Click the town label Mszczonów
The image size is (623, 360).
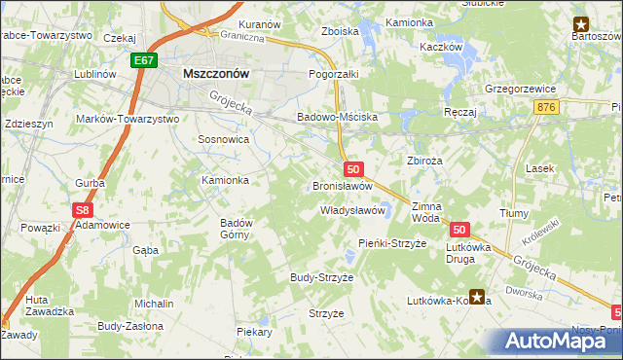click(215, 73)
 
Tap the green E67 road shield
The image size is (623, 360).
click(144, 60)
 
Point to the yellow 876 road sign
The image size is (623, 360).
click(546, 107)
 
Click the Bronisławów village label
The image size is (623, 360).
click(342, 185)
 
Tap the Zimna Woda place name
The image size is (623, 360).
click(426, 213)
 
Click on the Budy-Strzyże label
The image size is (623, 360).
click(321, 277)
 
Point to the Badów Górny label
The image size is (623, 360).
click(237, 228)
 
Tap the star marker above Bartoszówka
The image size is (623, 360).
click(581, 23)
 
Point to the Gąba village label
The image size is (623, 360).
click(145, 250)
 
